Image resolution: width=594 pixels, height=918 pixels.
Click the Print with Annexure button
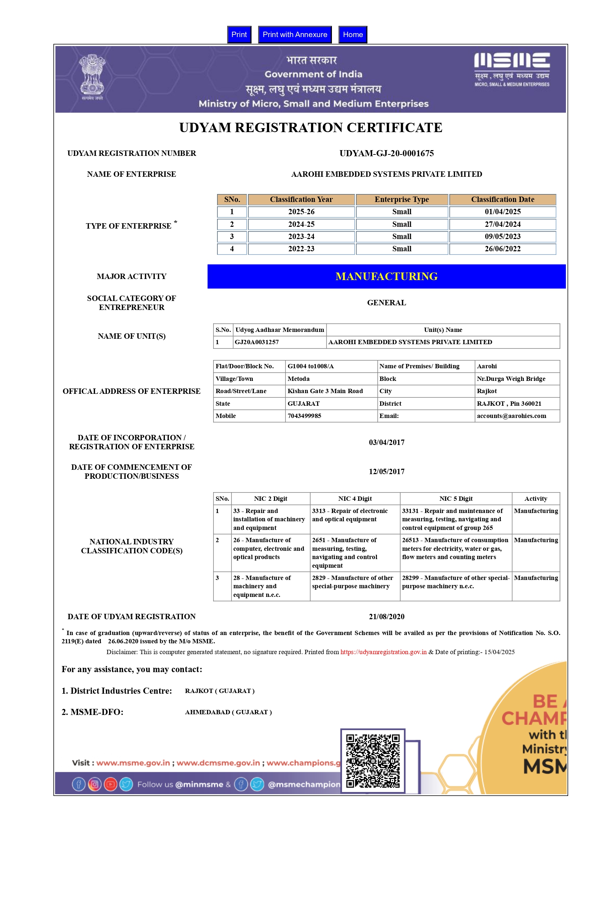point(295,35)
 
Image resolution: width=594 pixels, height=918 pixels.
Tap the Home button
point(352,35)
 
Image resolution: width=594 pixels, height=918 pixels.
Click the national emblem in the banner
point(92,76)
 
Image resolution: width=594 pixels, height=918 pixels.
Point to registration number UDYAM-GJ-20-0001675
point(387,153)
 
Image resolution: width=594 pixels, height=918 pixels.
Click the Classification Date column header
point(503,199)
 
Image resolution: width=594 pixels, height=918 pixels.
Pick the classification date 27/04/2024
point(503,224)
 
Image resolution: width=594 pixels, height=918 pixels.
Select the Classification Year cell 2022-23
point(301,249)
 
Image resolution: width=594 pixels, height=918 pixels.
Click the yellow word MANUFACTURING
point(387,276)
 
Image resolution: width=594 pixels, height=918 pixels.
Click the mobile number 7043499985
point(304,416)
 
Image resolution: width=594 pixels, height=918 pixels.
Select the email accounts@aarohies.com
point(512,416)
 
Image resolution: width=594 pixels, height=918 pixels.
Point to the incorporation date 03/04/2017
point(387,442)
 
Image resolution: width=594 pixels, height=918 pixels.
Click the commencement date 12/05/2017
point(387,472)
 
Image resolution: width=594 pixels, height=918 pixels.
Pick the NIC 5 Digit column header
point(456,499)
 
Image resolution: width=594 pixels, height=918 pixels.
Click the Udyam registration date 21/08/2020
point(387,617)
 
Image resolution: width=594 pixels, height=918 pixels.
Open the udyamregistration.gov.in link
point(383,652)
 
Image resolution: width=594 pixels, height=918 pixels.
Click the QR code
point(373,761)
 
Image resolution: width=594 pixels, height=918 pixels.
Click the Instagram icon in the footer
point(94,784)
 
